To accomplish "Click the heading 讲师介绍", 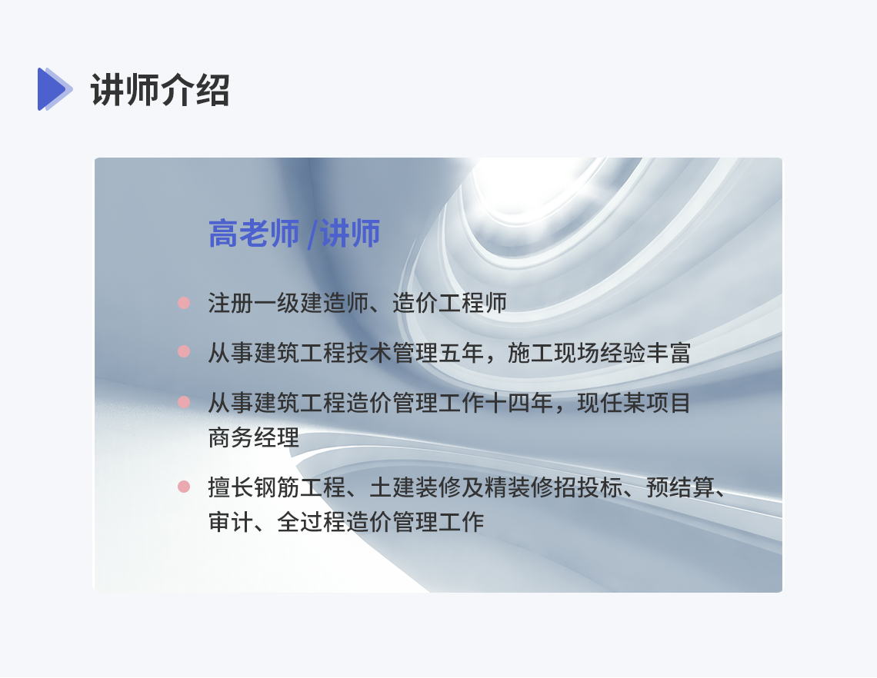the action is pyautogui.click(x=160, y=90).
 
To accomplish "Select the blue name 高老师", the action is pyautogui.click(x=254, y=234).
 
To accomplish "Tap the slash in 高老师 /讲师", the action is pyautogui.click(x=312, y=234).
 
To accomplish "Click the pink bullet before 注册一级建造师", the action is pyautogui.click(x=183, y=303).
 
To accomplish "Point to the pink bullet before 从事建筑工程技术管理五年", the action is pyautogui.click(x=183, y=351).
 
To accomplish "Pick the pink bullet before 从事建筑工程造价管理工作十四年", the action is pyautogui.click(x=183, y=402).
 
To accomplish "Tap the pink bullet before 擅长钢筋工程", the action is pyautogui.click(x=183, y=487).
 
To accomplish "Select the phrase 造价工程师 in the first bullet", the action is pyautogui.click(x=450, y=303).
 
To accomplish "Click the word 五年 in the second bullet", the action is pyautogui.click(x=462, y=353).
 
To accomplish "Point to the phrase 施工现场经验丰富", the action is pyautogui.click(x=599, y=353).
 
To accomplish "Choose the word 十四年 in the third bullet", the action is pyautogui.click(x=519, y=403).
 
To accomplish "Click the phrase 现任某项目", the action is pyautogui.click(x=634, y=403).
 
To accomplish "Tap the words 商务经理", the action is pyautogui.click(x=253, y=437).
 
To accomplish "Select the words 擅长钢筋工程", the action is pyautogui.click(x=277, y=487).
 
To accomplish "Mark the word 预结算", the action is pyautogui.click(x=680, y=487).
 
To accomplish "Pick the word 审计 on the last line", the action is pyautogui.click(x=231, y=522).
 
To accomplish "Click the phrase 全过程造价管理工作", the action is pyautogui.click(x=380, y=522).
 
